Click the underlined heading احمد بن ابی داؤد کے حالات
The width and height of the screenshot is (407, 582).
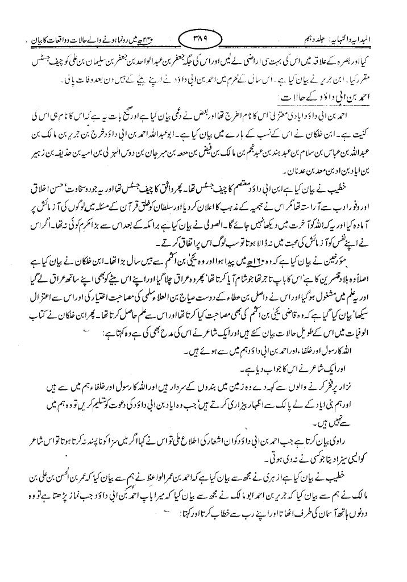pyautogui.click(x=351, y=98)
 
